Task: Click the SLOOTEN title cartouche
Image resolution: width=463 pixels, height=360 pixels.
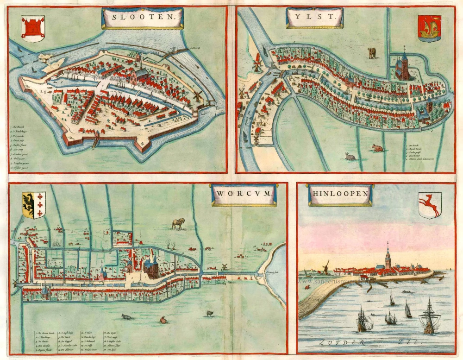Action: tap(142, 19)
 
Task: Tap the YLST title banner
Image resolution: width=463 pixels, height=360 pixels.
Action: tap(315, 19)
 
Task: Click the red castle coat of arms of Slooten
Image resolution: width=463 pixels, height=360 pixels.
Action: tap(33, 28)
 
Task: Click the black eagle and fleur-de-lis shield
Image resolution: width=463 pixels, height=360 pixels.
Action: tap(34, 205)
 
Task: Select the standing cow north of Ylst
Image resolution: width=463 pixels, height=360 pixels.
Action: tap(372, 53)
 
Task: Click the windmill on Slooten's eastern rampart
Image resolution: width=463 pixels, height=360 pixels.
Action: tap(198, 95)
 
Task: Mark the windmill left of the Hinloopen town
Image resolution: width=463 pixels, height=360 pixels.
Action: tap(325, 266)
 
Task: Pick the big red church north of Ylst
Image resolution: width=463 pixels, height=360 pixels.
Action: tap(403, 67)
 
